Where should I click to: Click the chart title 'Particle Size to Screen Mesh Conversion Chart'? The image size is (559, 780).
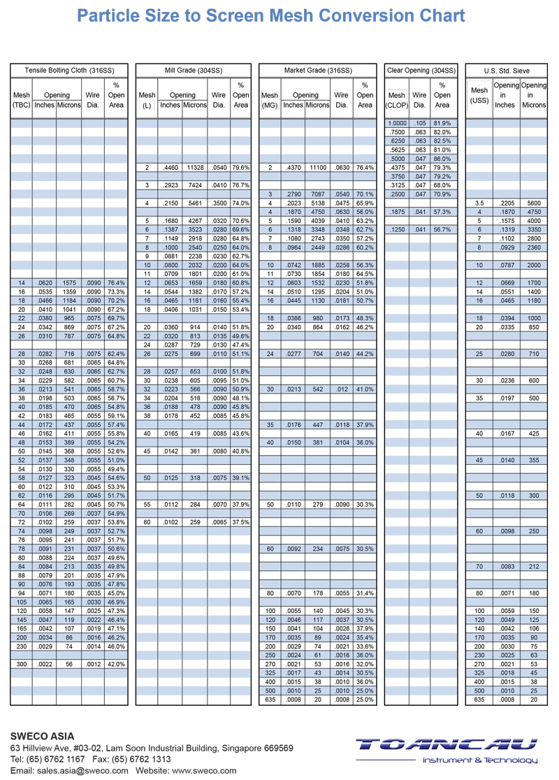tap(270, 16)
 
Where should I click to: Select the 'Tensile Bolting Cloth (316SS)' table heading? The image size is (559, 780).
tap(69, 71)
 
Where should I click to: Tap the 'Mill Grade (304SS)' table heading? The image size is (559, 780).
tap(193, 71)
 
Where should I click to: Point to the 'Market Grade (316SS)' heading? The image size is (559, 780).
tap(317, 71)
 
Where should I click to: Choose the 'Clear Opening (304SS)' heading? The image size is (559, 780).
tap(421, 71)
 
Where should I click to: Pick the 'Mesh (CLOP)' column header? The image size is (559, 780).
tap(396, 100)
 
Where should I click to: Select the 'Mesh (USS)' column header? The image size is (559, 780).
tap(479, 95)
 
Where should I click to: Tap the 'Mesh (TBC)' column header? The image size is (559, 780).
tap(22, 100)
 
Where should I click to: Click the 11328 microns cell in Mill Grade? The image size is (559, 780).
tap(195, 168)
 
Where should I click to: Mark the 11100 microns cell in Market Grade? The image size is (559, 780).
tap(318, 168)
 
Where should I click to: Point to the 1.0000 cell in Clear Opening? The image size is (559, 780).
tap(397, 123)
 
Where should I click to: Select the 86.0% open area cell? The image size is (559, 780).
tap(442, 159)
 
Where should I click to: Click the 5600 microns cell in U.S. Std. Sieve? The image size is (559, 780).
tap(534, 203)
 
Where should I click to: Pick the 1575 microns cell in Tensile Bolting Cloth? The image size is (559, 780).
tap(68, 282)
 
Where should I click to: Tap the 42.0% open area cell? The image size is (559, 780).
tap(116, 664)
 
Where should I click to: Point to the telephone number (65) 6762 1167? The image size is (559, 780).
tap(55, 759)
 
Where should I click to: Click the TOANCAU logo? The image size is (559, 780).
tap(447, 750)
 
